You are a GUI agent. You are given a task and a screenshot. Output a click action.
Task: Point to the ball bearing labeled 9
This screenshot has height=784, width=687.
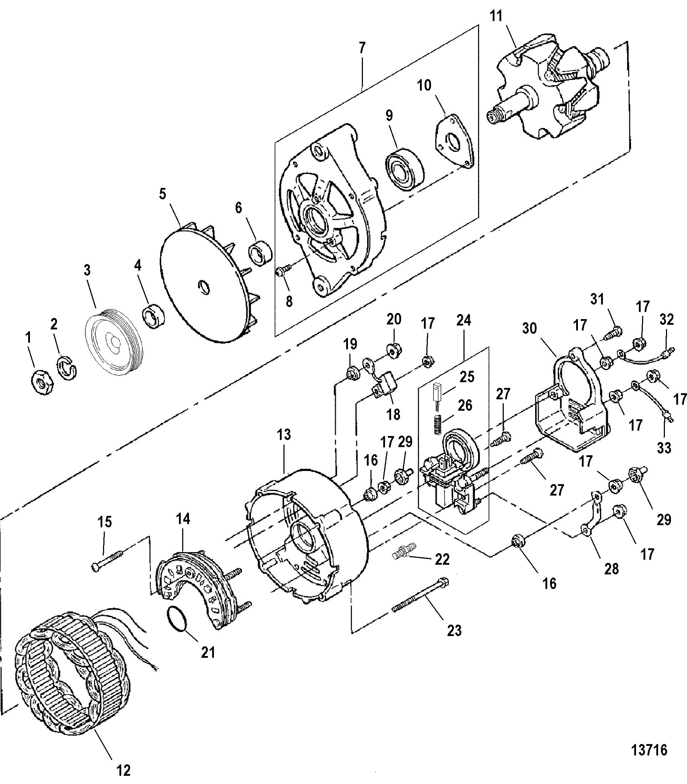pos(404,168)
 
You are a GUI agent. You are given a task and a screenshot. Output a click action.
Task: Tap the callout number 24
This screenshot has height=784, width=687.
pos(463,320)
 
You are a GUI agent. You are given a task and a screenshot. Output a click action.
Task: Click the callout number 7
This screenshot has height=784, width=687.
pos(362,48)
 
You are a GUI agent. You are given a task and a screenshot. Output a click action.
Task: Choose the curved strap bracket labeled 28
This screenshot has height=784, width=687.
pos(591,513)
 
